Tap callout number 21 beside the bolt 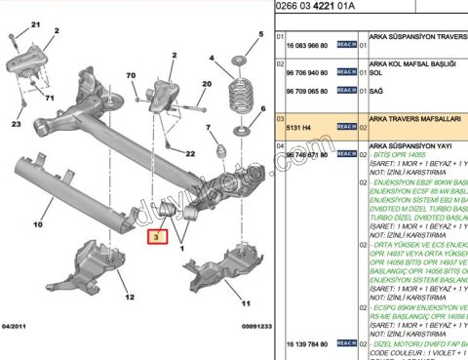coord(37,23)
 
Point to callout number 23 coord(15,126)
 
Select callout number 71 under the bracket coord(50,100)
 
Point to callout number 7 coord(209,129)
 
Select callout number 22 coord(190,154)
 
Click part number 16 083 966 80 coord(309,46)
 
